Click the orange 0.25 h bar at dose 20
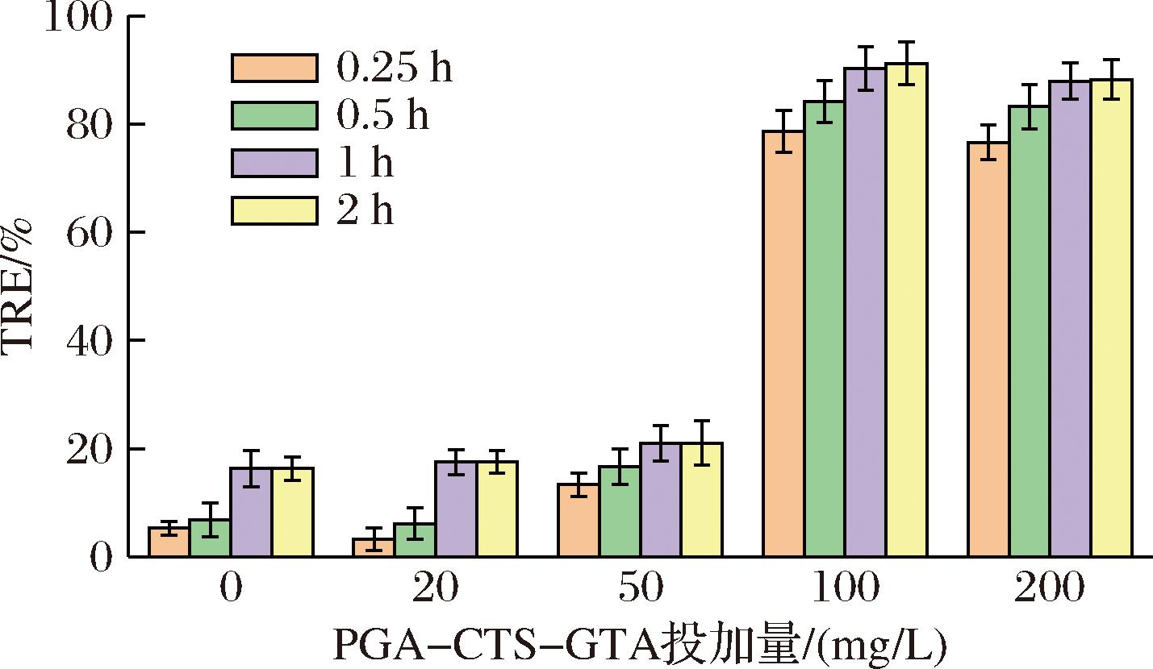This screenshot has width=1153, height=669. pos(374,547)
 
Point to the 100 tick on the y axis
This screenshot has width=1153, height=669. pos(77,17)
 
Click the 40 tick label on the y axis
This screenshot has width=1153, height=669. pos(88,341)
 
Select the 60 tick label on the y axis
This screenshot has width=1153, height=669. pos(88,233)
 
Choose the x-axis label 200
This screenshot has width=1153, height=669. pos(1048,591)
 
